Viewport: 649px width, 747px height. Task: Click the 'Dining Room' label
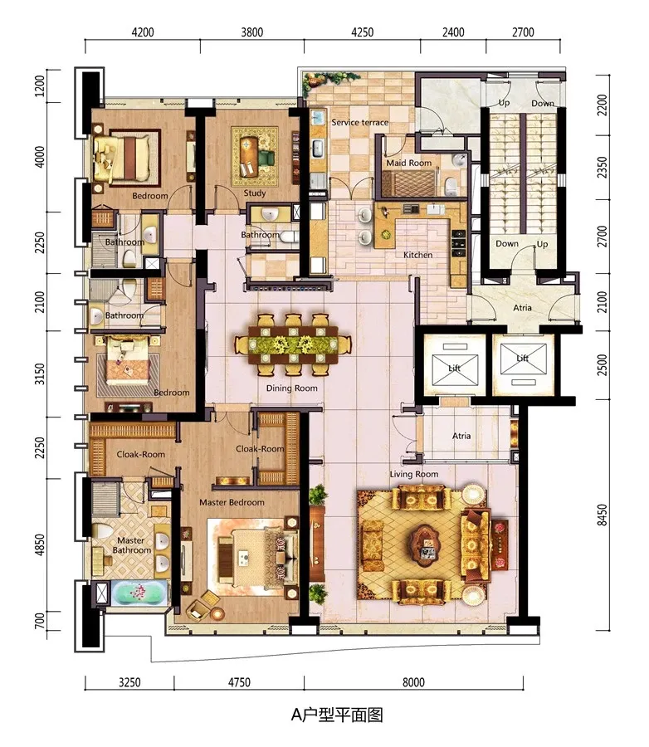click(291, 388)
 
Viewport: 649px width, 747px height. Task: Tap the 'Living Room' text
click(413, 474)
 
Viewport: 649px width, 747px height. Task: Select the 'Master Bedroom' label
click(232, 502)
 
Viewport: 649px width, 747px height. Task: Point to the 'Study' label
click(255, 193)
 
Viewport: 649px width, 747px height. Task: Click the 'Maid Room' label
click(409, 163)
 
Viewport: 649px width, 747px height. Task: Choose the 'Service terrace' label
click(359, 123)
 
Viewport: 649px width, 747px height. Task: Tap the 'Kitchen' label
click(418, 255)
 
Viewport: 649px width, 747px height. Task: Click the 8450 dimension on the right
click(603, 515)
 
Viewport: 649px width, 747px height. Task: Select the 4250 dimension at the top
click(362, 32)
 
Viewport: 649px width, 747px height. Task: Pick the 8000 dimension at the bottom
click(413, 682)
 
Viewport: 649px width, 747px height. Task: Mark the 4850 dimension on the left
click(40, 544)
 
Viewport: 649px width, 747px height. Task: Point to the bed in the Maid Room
click(409, 183)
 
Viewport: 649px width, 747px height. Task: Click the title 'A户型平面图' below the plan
click(337, 715)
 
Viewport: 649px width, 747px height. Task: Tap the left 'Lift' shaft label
click(454, 368)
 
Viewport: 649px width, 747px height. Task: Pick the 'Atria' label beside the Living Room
click(461, 436)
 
